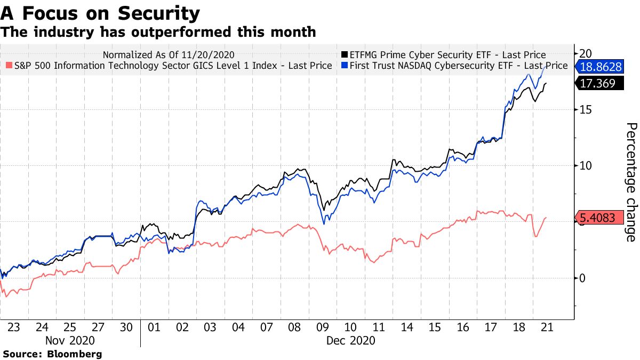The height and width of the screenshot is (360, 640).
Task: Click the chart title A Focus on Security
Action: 100,12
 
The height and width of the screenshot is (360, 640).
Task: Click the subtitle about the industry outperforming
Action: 158,32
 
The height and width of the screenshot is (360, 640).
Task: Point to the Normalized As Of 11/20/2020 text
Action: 169,54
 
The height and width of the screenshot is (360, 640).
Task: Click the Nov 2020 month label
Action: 70,340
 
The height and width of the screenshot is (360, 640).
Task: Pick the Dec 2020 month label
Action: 351,340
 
